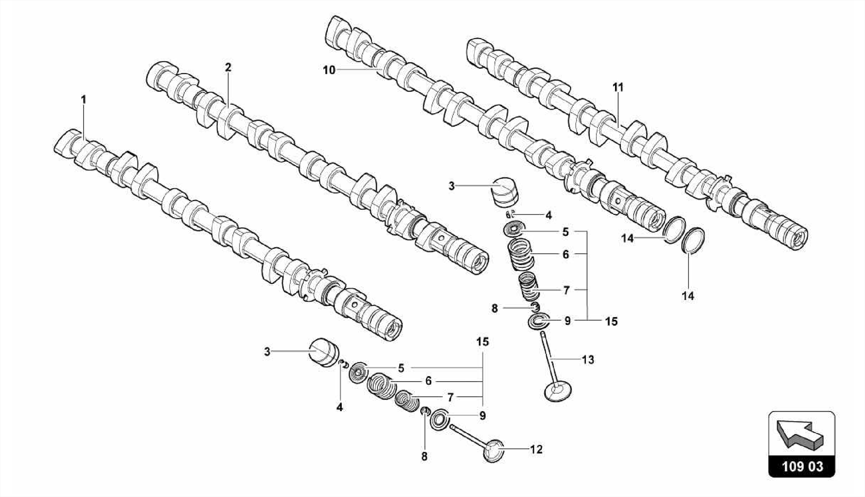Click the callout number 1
tap(84, 100)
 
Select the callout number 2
tap(228, 67)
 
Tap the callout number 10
tap(329, 71)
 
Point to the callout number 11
tap(618, 87)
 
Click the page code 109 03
tap(802, 467)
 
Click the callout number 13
tap(588, 360)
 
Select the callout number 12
tap(536, 450)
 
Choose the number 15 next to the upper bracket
tap(611, 321)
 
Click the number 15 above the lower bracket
tap(482, 342)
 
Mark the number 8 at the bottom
tap(424, 456)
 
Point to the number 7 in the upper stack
tap(566, 291)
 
